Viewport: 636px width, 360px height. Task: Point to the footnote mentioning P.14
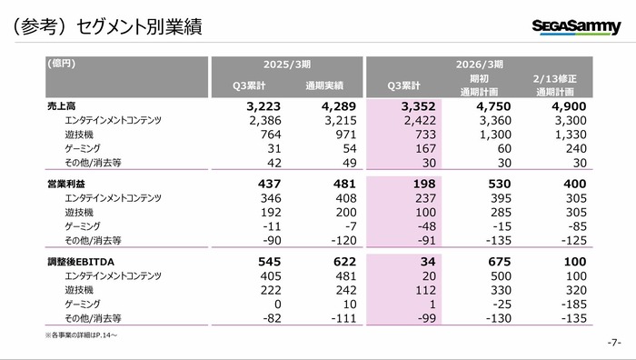click(x=81, y=335)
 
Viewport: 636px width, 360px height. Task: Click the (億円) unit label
click(x=61, y=65)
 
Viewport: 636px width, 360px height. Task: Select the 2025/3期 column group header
click(x=289, y=65)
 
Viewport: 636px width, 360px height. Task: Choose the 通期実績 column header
click(x=324, y=86)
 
